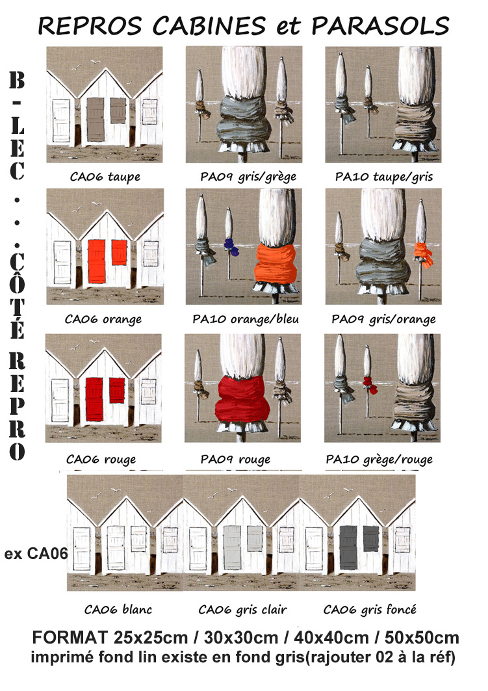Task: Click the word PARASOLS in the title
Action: click(x=380, y=26)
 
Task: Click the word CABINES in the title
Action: click(x=209, y=26)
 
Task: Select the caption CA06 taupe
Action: click(x=105, y=177)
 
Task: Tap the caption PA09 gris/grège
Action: click(x=248, y=177)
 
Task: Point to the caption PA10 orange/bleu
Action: click(x=246, y=319)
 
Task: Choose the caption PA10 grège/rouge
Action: click(x=379, y=460)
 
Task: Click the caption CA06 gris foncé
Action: click(x=370, y=610)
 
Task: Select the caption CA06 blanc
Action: click(x=118, y=610)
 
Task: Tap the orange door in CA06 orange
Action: click(x=96, y=261)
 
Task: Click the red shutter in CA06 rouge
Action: click(x=117, y=390)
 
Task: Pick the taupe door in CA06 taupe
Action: click(x=96, y=120)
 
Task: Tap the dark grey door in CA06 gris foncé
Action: click(x=348, y=547)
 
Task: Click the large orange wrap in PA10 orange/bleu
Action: click(x=276, y=264)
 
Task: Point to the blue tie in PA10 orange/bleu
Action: click(x=231, y=247)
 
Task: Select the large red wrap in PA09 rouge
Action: click(x=242, y=399)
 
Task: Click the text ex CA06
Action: click(x=36, y=553)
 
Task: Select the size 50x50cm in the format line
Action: click(x=422, y=638)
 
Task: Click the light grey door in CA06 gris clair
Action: click(x=232, y=547)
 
